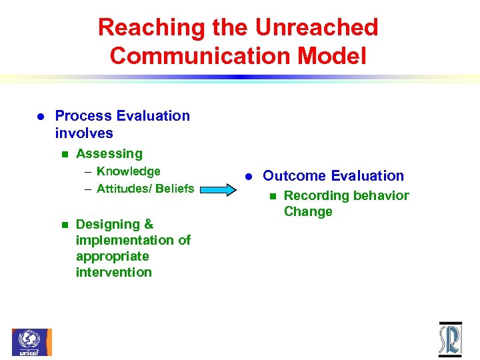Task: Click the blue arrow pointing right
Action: point(219,190)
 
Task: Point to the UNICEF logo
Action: point(31,342)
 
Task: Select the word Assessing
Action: point(109,154)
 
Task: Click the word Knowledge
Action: point(128,172)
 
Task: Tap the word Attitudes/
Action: point(124,189)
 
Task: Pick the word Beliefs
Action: point(175,189)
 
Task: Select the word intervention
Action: point(114,272)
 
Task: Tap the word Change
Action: point(308,212)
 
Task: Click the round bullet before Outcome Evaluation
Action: point(247,177)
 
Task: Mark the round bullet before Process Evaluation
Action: point(39,117)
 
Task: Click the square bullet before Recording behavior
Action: point(271,197)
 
